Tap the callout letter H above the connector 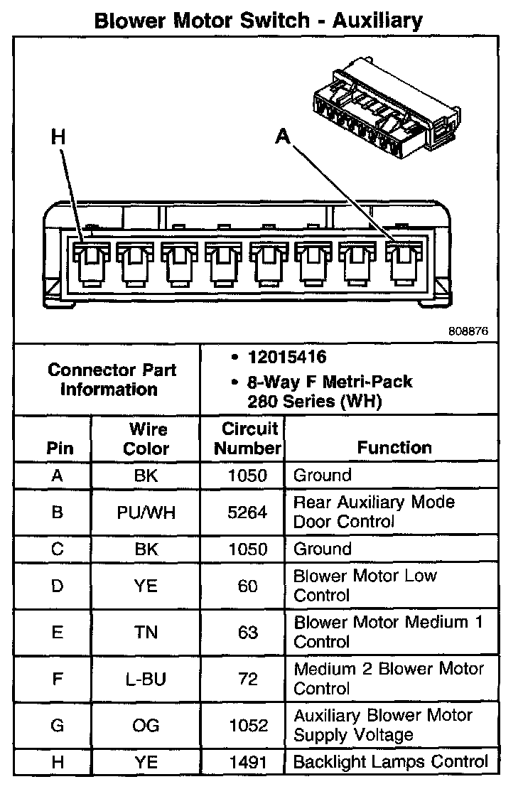[x=58, y=137]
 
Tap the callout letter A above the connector [x=284, y=136]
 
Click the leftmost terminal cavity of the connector [x=92, y=264]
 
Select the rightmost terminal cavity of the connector [x=403, y=264]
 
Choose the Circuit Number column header [x=248, y=439]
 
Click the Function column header [x=394, y=448]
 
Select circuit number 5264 [x=247, y=512]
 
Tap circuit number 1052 [x=247, y=726]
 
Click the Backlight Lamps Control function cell [x=391, y=762]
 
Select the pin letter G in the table [x=58, y=726]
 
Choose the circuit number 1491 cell [x=247, y=763]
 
